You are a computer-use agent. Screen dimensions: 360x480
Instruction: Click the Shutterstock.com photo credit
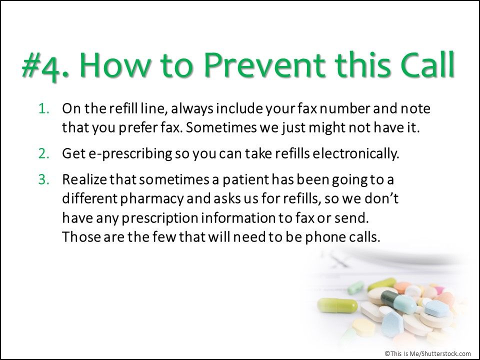click(427, 353)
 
